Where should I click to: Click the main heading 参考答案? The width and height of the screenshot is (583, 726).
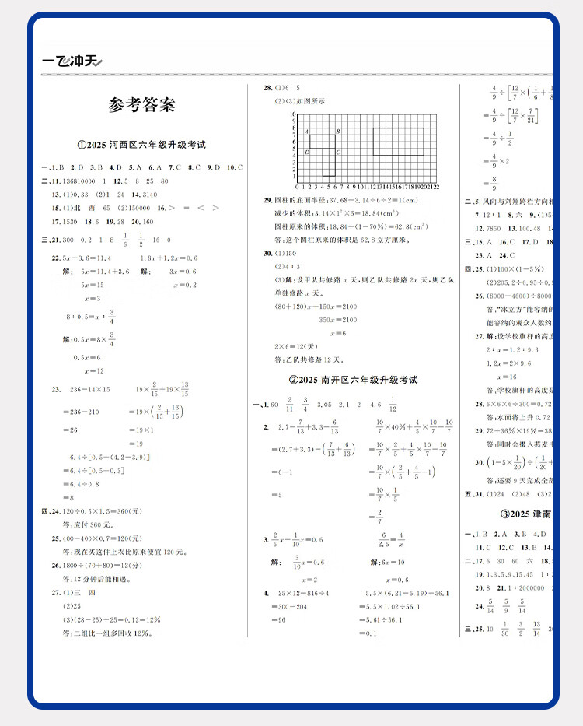pos(142,105)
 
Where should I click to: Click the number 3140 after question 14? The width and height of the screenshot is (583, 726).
pos(151,194)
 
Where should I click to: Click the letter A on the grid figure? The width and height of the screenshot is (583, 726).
pos(307,132)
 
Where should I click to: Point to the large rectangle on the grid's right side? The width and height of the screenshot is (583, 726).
pos(398,142)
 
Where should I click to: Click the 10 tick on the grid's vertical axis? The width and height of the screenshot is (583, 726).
pos(293,114)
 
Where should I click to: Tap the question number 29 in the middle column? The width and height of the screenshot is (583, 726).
pos(267,199)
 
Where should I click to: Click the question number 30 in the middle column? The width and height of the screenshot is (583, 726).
pos(267,254)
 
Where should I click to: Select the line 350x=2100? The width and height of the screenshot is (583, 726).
pos(338,320)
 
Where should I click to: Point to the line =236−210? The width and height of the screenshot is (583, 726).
pos(81,412)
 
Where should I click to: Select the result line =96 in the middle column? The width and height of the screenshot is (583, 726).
pos(278,620)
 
